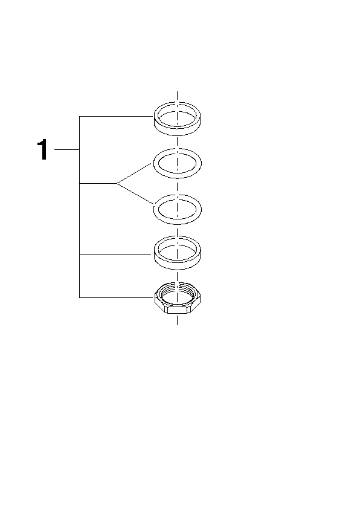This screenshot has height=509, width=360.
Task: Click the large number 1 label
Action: coord(43,149)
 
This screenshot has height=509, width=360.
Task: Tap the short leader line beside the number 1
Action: coord(67,149)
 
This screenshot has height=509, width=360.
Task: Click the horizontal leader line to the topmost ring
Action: coord(116,116)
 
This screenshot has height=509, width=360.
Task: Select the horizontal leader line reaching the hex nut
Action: coord(117,297)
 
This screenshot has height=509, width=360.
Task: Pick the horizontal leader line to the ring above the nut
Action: coord(115,255)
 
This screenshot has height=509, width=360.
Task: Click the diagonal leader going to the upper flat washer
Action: coord(134,173)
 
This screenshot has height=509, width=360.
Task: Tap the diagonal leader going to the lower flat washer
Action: coord(135,194)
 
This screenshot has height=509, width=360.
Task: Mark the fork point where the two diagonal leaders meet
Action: coord(117,183)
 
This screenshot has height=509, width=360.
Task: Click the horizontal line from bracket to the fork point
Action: coord(98,183)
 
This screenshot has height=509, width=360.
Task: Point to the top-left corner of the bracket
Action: coord(80,116)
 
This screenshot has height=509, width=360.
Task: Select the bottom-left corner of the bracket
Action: coord(80,297)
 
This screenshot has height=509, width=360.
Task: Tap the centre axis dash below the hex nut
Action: coord(177,319)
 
